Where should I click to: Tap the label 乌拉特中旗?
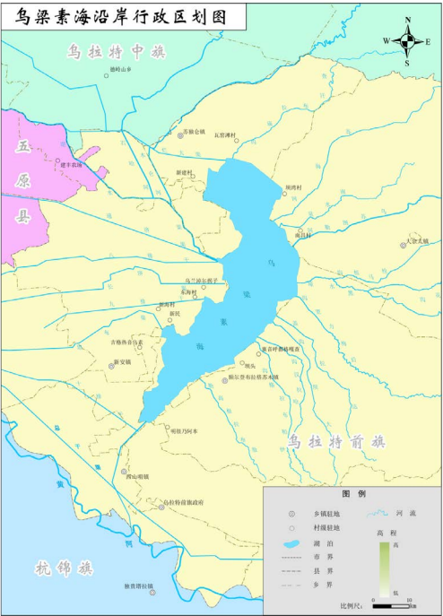point(117,53)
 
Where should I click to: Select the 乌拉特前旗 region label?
point(336,441)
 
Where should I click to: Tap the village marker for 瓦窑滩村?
point(236,140)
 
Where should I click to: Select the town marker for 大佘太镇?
point(404,246)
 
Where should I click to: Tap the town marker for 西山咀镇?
point(124,471)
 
